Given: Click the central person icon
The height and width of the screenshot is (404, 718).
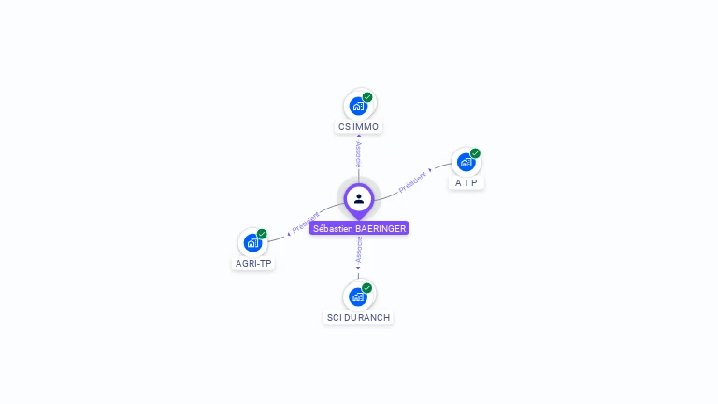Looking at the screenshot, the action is click(x=359, y=198).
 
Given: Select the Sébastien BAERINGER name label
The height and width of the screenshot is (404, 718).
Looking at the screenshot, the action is click(x=359, y=227).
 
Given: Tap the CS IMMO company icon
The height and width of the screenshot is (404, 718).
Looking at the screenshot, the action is click(x=358, y=106).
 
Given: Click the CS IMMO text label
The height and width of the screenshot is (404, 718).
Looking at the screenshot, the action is click(x=359, y=126).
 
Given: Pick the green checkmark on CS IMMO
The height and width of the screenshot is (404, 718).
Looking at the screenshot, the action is click(x=367, y=97).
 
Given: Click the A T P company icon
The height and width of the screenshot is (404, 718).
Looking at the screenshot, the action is click(x=466, y=162).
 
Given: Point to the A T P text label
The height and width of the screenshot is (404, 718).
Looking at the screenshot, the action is click(x=467, y=182).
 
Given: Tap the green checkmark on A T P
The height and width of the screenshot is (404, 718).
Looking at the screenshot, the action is click(x=475, y=153).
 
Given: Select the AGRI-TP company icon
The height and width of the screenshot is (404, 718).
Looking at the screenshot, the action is click(x=252, y=242).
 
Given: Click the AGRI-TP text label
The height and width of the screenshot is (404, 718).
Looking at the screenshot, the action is click(x=253, y=263).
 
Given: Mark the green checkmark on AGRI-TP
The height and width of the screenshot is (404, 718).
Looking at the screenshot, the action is click(x=262, y=234).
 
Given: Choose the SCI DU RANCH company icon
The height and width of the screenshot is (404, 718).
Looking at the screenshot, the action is click(x=358, y=296).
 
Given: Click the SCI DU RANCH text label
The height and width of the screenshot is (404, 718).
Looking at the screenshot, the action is click(x=359, y=317).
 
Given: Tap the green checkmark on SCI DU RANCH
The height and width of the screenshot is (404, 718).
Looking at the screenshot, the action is click(x=367, y=288).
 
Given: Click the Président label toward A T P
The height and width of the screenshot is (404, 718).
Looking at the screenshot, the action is click(x=412, y=181).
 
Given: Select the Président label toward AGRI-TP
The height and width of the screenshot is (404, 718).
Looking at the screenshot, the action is click(x=306, y=223).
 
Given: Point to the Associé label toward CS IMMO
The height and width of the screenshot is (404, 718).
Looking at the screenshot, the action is click(x=359, y=153).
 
